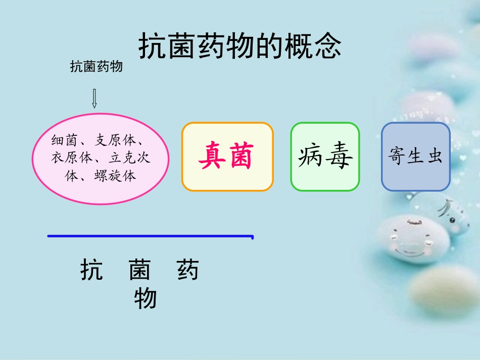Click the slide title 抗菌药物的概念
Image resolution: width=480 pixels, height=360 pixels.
240,47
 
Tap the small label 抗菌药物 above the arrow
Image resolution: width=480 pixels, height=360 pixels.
97,67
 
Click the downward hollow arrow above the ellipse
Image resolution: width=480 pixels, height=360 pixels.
94,98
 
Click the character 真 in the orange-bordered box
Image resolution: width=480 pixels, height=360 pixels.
212,156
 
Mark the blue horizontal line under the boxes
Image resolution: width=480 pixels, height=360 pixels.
150,236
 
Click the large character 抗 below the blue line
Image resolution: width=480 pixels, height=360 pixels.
92,270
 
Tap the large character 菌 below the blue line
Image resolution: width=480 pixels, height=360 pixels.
139,270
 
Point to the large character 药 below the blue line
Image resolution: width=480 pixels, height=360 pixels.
188,270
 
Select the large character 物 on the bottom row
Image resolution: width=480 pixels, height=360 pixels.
146,299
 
